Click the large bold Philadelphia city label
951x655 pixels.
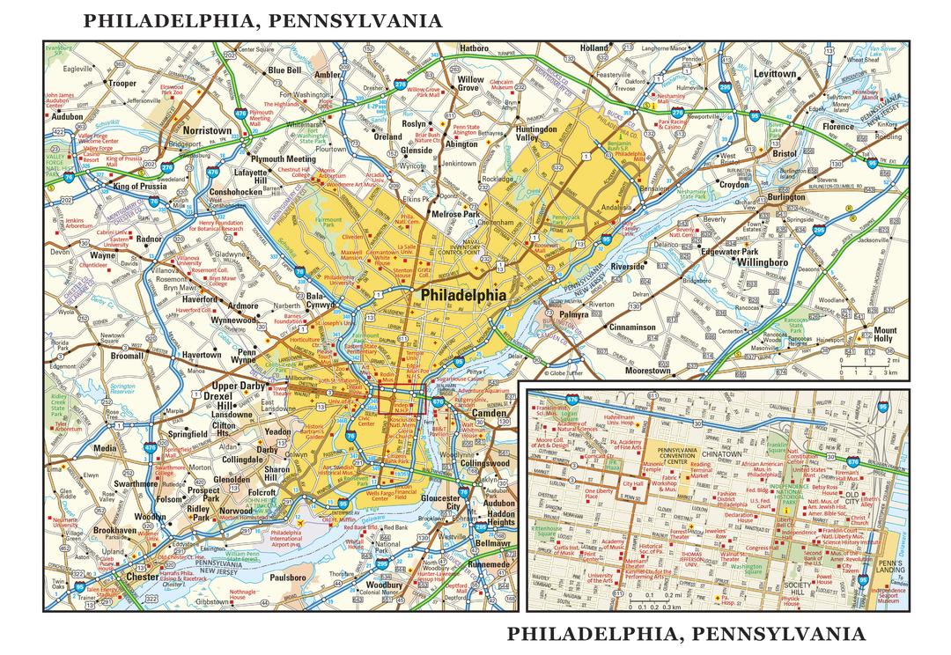[x=464, y=296]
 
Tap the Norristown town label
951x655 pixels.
[x=206, y=130]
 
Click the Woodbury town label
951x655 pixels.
[x=384, y=585]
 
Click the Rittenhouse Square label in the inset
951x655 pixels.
[x=547, y=530]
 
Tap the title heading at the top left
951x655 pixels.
[x=263, y=21]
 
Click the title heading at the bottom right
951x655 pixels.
[x=688, y=633]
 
